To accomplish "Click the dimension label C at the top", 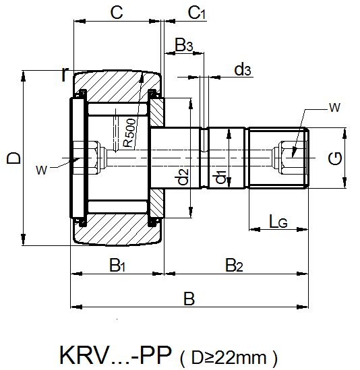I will point(116,11).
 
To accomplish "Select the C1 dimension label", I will point(198,12).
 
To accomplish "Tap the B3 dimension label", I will point(184,45).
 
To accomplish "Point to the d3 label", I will point(243,69).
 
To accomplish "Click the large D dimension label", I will point(12,158).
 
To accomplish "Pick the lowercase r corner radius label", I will point(65,75).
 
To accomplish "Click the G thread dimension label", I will point(335,158).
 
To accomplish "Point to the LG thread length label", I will point(278,220).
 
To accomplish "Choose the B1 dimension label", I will point(117,265).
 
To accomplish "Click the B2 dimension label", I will point(234,265).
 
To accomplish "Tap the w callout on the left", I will point(42,170).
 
